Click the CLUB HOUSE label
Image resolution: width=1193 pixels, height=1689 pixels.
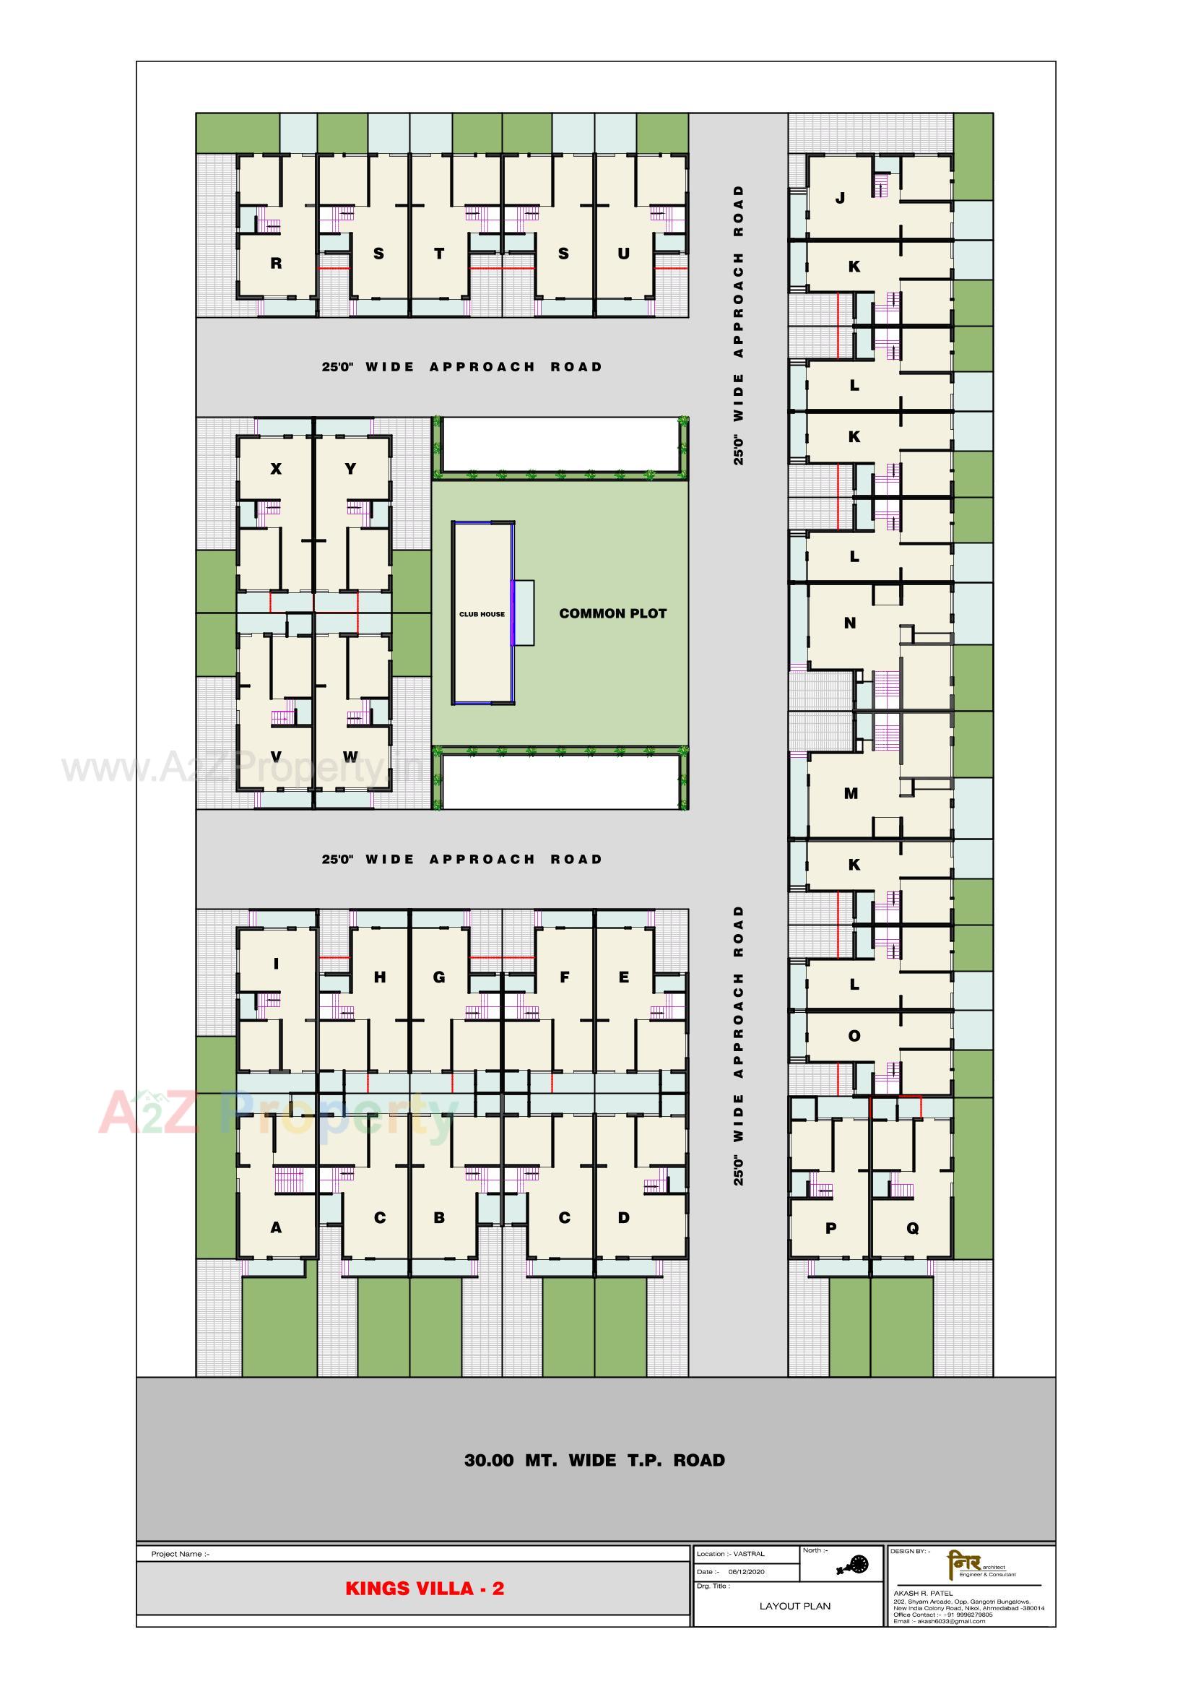[482, 613]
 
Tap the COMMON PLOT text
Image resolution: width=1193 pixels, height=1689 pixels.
[612, 613]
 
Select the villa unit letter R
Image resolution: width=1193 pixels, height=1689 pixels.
[276, 264]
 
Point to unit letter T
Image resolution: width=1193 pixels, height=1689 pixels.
[439, 254]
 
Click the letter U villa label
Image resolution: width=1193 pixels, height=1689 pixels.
[624, 254]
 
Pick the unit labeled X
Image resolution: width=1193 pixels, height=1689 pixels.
[276, 469]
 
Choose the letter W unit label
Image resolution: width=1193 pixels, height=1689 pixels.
[350, 756]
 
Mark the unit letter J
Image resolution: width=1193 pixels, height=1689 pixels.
[841, 198]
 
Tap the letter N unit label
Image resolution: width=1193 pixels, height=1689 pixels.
[850, 623]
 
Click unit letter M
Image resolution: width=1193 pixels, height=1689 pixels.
[851, 793]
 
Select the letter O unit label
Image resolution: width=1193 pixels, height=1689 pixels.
[854, 1036]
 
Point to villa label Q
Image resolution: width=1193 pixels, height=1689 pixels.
[913, 1228]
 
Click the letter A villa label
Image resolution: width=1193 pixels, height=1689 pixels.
[276, 1227]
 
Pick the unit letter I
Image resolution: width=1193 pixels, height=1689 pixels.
[276, 963]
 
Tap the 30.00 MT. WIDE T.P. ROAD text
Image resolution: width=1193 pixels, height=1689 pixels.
[594, 1460]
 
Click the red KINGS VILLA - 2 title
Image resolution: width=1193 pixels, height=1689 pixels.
[425, 1588]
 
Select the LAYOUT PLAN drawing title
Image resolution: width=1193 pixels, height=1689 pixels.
[794, 1605]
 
